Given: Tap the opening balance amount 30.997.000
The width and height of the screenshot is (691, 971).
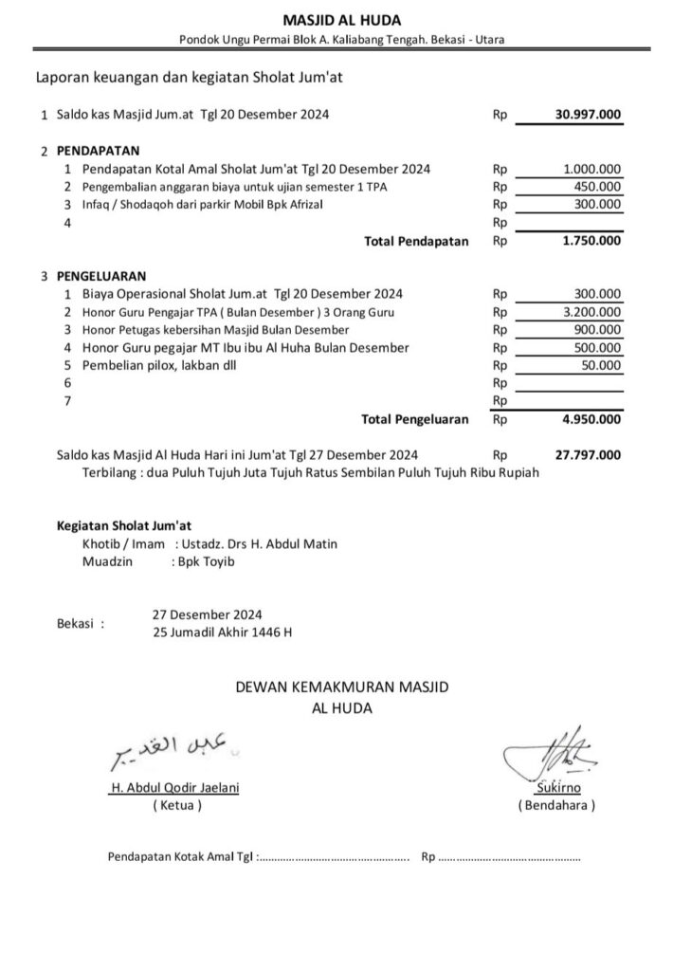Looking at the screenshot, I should pos(588,115).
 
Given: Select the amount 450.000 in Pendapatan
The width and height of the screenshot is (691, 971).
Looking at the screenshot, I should pos(599,187).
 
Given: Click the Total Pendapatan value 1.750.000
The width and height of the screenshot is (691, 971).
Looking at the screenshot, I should pos(591,241).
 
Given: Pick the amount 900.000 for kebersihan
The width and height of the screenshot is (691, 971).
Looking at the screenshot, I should pos(599,330).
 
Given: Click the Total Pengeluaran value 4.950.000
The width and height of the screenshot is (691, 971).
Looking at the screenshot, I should pos(591,419).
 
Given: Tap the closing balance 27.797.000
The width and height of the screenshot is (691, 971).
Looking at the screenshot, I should pos(588,455).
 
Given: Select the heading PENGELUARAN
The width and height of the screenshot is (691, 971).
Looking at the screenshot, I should pos(100,276).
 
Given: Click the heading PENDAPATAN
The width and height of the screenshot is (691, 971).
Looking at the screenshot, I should pos(98,151).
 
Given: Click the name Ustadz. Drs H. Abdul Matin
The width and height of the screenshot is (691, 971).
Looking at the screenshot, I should pos(256,544).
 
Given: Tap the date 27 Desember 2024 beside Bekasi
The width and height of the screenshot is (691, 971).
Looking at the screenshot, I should pos(208,614).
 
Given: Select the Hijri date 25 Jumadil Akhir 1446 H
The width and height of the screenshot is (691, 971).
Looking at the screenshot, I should pos(223,632).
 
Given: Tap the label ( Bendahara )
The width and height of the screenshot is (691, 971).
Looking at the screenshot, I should pos(556,805).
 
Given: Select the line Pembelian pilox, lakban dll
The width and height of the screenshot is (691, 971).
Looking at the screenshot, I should pos(156,366).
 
